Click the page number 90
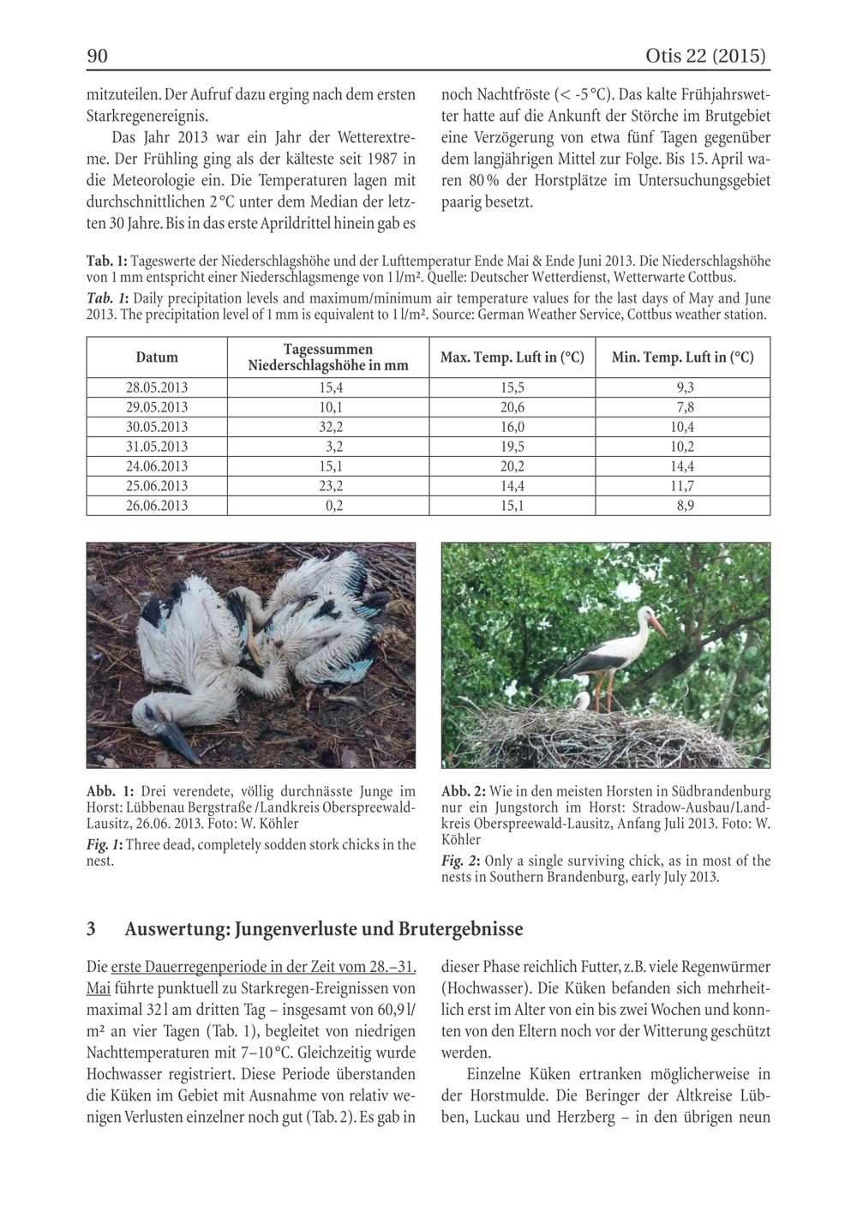coord(97,57)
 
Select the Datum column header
coord(157,357)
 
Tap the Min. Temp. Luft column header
coord(683,357)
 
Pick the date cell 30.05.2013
coord(157,427)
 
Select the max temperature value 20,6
coord(512,407)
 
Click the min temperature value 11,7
coord(683,486)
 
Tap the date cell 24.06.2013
coord(157,466)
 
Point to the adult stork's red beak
coord(656,625)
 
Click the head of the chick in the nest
coord(583,698)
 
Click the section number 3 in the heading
coord(92,929)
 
